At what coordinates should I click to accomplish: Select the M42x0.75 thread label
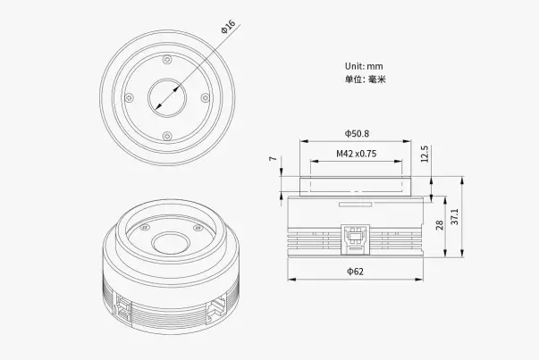pos(357,153)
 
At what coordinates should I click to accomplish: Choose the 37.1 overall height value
pos(455,216)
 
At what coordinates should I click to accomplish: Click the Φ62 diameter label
pos(356,271)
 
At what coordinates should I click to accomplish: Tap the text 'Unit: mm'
pos(364,65)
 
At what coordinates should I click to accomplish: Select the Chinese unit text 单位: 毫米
pos(365,80)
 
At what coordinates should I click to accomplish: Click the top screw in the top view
pos(167,60)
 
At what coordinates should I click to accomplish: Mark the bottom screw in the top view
pos(167,135)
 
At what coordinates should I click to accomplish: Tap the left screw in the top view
pos(130,97)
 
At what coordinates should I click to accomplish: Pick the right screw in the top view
pos(205,97)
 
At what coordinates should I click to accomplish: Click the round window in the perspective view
pos(168,242)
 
